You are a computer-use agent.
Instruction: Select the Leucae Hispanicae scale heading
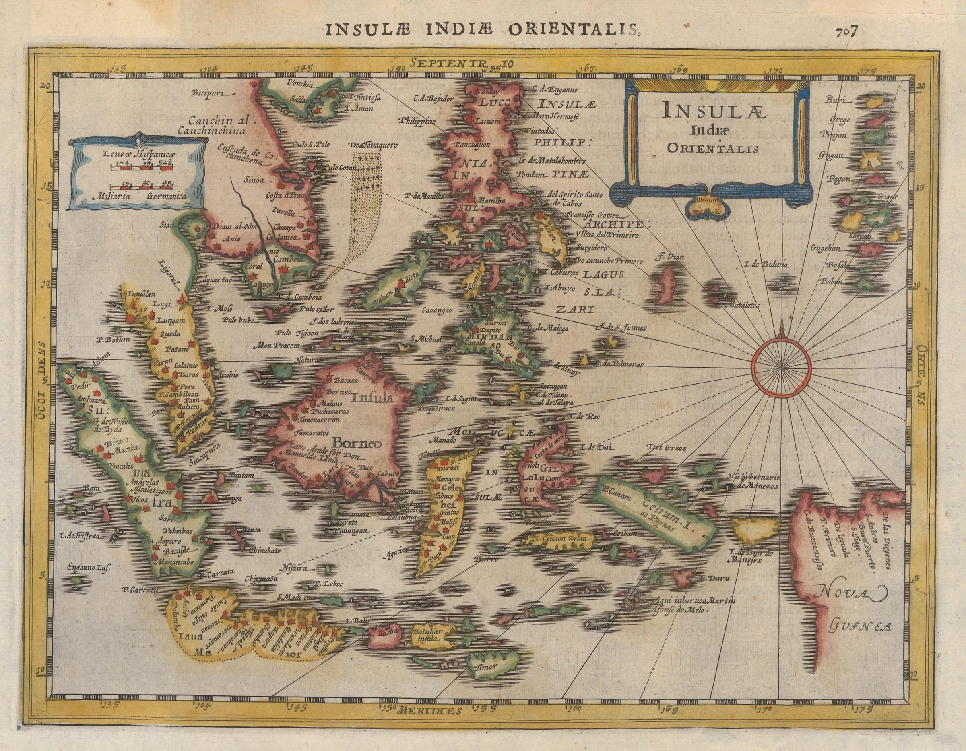[x=138, y=155]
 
